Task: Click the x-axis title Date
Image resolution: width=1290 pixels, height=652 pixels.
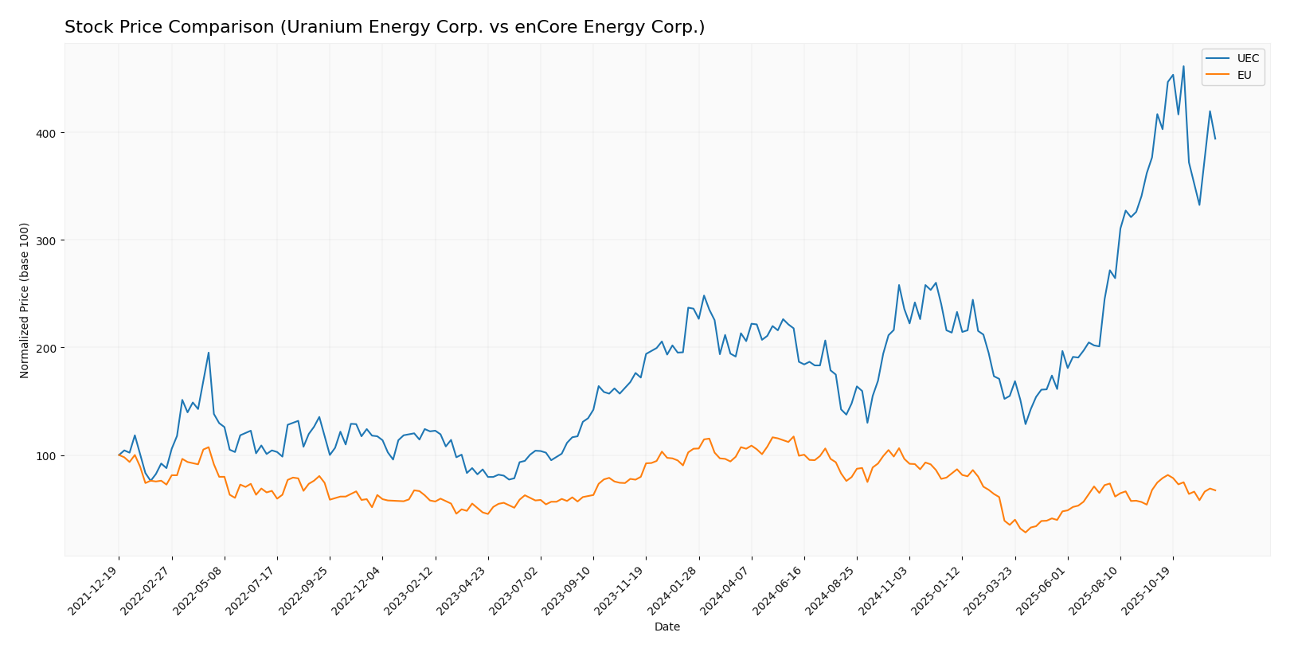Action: [666, 627]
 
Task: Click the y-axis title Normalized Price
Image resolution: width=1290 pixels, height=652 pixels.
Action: [25, 300]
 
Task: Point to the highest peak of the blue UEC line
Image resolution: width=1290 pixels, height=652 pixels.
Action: [1183, 66]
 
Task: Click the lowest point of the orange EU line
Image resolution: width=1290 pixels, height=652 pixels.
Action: [1026, 532]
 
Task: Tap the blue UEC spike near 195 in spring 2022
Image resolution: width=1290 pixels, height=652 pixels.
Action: [209, 353]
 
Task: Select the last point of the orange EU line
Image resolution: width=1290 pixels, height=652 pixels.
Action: [1215, 490]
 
